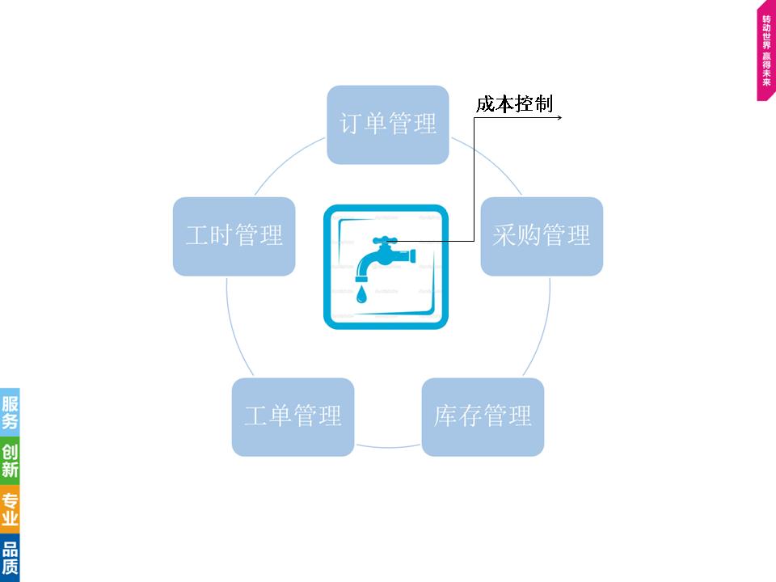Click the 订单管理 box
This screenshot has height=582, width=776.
pos(388,124)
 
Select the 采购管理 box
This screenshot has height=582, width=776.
pos(542,236)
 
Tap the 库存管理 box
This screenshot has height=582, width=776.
pos(483,416)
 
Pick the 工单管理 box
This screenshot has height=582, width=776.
pos(293,416)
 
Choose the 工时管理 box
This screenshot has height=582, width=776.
pos(234,236)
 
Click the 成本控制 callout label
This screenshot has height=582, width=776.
pos(514,104)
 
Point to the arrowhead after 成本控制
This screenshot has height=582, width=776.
pos(559,117)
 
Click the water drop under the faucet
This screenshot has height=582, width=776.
pos(361,294)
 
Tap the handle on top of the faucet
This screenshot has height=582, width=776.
pos(386,239)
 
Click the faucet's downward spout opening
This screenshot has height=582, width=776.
pos(361,275)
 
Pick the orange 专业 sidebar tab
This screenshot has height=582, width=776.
pos(10,508)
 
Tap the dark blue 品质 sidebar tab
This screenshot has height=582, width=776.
pos(10,557)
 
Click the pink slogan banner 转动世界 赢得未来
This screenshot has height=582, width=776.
pos(766,53)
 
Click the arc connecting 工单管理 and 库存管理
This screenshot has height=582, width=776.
pos(388,447)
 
